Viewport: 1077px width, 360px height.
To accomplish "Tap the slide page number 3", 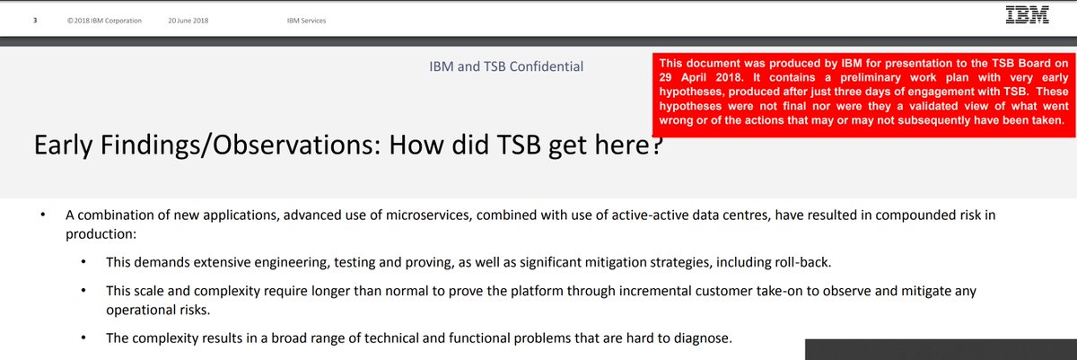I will (x=35, y=21).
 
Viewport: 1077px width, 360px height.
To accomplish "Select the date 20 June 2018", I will (x=188, y=21).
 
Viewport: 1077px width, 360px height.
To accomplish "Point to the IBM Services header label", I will (x=306, y=21).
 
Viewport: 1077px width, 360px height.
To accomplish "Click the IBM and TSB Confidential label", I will (x=507, y=66).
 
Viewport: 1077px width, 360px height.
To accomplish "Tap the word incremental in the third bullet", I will (x=594, y=292).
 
